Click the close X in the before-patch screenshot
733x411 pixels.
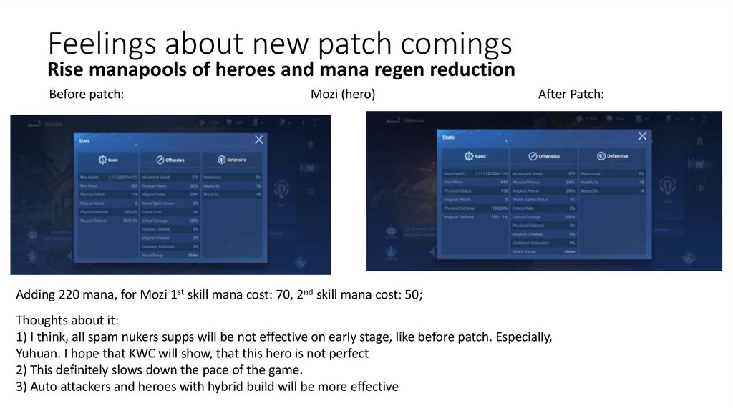click(x=259, y=140)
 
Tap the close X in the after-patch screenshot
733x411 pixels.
click(x=642, y=135)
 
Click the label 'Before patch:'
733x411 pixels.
click(x=87, y=95)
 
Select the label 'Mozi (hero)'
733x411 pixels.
click(x=343, y=95)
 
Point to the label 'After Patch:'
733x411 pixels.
click(x=571, y=95)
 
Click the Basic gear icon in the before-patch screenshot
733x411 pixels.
click(x=102, y=159)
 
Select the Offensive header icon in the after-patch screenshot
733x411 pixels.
click(x=533, y=155)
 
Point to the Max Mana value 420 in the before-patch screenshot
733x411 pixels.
click(x=134, y=185)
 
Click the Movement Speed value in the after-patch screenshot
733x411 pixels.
click(x=571, y=173)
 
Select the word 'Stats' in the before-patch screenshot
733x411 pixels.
click(x=84, y=141)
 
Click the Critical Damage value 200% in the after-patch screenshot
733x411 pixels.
click(x=570, y=216)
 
